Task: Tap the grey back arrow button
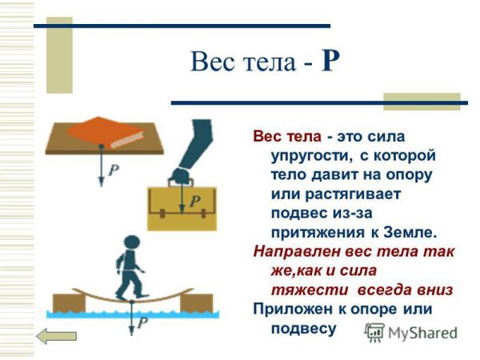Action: point(57,336)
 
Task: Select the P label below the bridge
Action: point(143,324)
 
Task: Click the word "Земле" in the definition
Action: point(411,232)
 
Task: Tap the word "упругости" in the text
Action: point(302,154)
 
